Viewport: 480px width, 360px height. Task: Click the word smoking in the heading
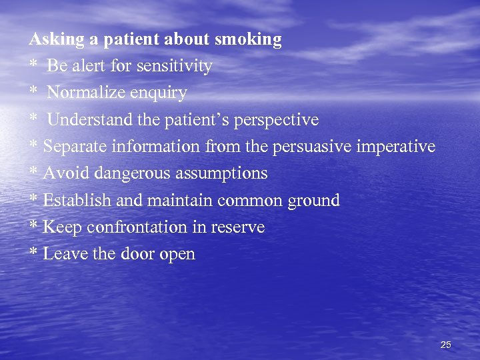coord(248,40)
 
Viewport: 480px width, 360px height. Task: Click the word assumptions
coord(221,174)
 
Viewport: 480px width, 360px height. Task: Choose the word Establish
coord(73,200)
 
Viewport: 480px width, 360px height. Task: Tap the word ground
coord(313,201)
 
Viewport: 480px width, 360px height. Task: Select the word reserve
coord(238,227)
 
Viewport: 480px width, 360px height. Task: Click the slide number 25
coord(446,345)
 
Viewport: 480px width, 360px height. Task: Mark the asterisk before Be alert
coord(33,66)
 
